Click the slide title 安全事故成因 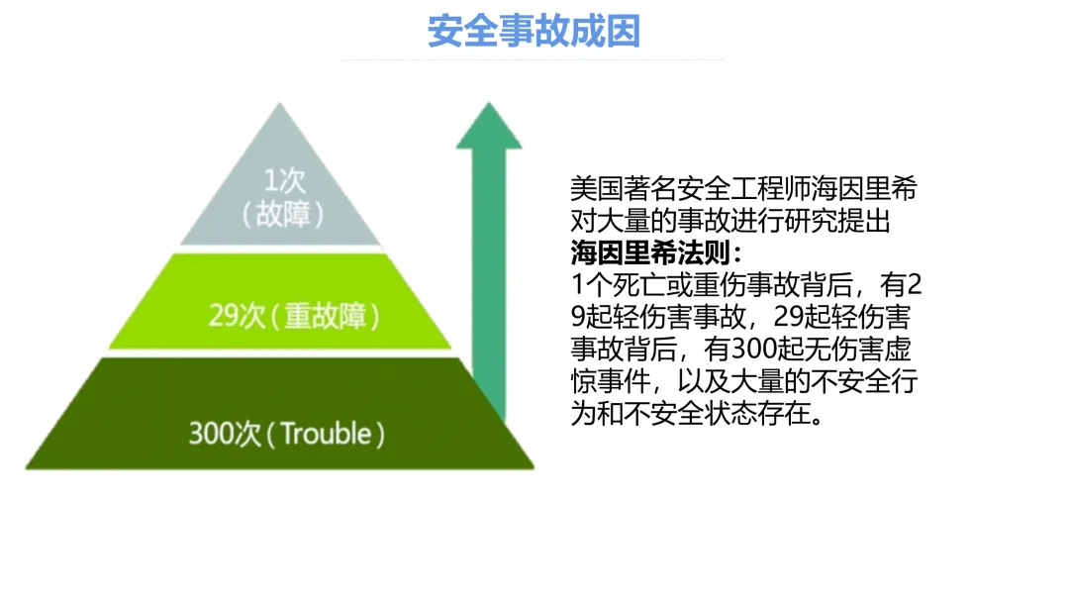534,31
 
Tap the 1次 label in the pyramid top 284,179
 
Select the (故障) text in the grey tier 284,213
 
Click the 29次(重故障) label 295,316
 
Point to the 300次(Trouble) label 287,434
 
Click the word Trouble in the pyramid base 326,434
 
